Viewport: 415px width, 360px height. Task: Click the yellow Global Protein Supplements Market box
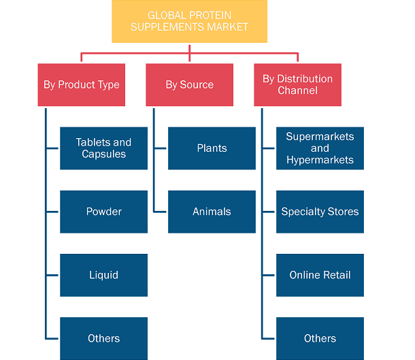pyautogui.click(x=189, y=21)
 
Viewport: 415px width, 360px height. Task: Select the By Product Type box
pyautogui.click(x=81, y=84)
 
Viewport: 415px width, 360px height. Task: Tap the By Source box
pyautogui.click(x=189, y=84)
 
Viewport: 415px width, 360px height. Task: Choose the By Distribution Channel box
pyautogui.click(x=297, y=84)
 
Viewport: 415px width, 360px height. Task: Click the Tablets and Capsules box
pyautogui.click(x=103, y=148)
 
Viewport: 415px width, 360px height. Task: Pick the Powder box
pyautogui.click(x=103, y=212)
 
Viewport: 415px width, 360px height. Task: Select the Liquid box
pyautogui.click(x=103, y=275)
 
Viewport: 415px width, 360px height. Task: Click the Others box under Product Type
pyautogui.click(x=103, y=338)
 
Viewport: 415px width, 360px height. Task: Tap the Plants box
pyautogui.click(x=212, y=148)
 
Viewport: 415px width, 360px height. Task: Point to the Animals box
pyautogui.click(x=212, y=212)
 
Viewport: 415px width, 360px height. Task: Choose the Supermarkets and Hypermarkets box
pyautogui.click(x=320, y=148)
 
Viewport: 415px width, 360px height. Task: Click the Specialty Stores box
pyautogui.click(x=320, y=212)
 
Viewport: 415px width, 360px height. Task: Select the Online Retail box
pyautogui.click(x=320, y=275)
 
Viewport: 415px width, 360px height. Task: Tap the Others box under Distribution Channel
pyautogui.click(x=320, y=338)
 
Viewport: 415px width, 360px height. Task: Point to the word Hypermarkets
pyautogui.click(x=320, y=160)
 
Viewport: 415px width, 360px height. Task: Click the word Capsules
pyautogui.click(x=103, y=154)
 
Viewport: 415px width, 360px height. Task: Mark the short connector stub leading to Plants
pyautogui.click(x=160, y=148)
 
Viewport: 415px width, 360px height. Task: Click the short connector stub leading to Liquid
pyautogui.click(x=52, y=276)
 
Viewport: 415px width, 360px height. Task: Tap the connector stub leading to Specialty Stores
pyautogui.click(x=268, y=212)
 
